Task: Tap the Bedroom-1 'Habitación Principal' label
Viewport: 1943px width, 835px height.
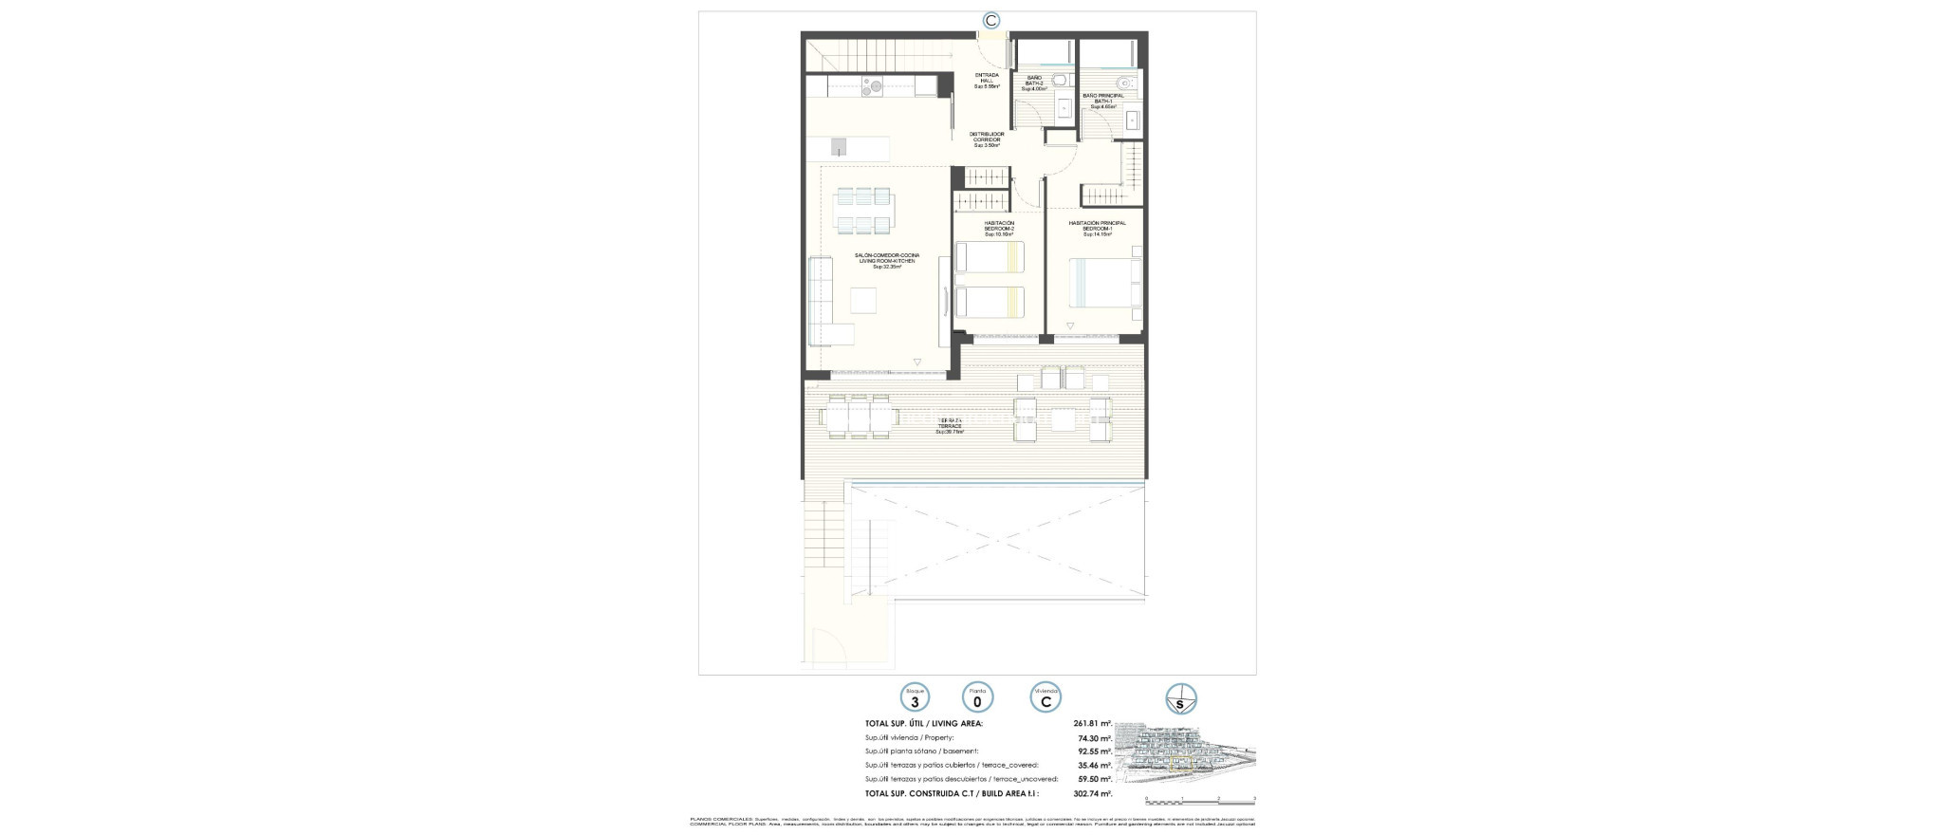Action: pyautogui.click(x=1097, y=228)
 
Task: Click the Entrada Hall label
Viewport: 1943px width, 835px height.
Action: pyautogui.click(x=987, y=81)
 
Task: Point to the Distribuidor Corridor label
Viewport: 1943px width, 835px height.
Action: pyautogui.click(x=987, y=139)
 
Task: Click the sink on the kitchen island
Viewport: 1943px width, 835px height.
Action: pyautogui.click(x=175, y=146)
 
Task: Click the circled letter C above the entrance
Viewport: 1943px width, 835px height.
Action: pyautogui.click(x=991, y=20)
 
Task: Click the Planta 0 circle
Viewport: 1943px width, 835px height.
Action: pyautogui.click(x=977, y=698)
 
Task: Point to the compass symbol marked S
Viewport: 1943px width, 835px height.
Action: pyautogui.click(x=1180, y=699)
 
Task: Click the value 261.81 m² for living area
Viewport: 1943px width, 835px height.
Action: pyautogui.click(x=1091, y=723)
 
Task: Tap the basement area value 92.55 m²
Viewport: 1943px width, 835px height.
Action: pyautogui.click(x=1093, y=751)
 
